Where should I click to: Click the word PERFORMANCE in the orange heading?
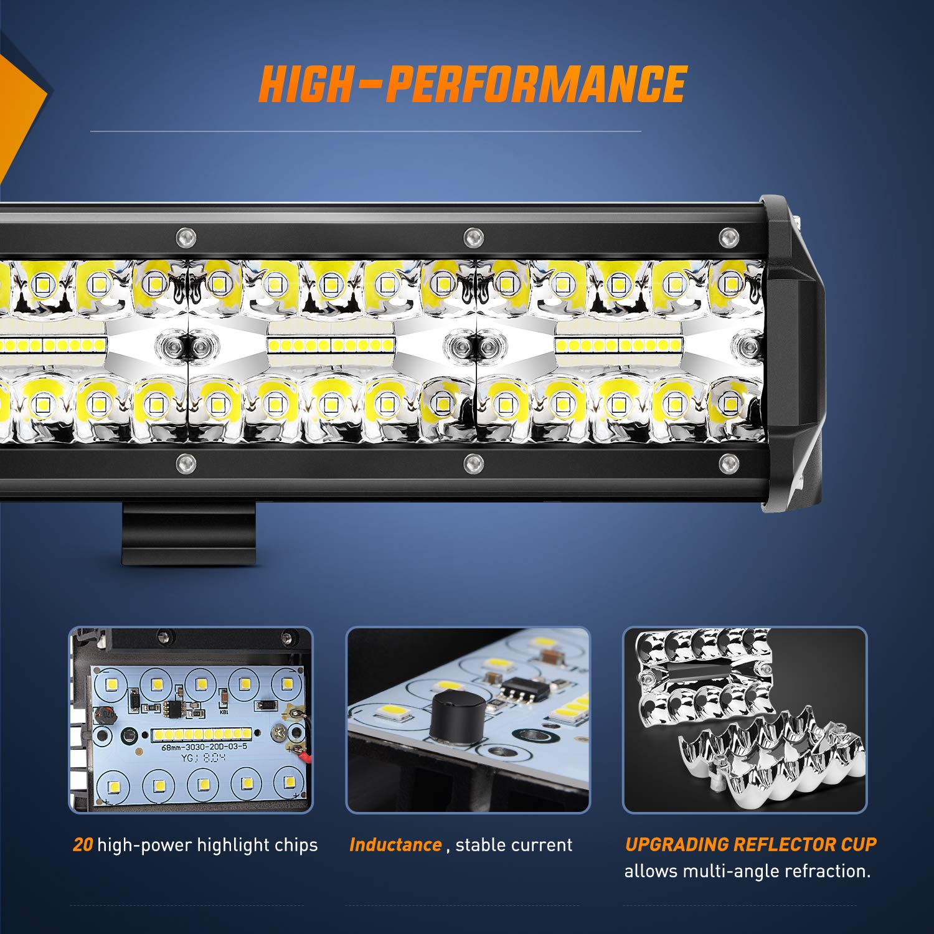click(x=535, y=84)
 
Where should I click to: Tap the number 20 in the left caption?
click(x=83, y=845)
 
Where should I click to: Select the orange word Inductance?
click(x=395, y=845)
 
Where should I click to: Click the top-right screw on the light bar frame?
click(x=728, y=237)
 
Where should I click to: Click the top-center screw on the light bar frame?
click(x=473, y=237)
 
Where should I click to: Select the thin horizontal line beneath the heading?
click(x=366, y=131)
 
